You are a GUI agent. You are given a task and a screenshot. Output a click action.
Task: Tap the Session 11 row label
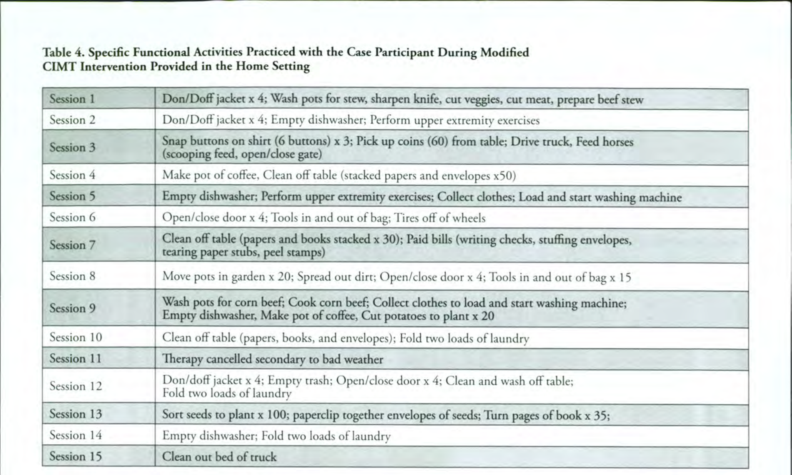point(75,358)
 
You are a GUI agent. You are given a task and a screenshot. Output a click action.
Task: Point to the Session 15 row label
point(76,456)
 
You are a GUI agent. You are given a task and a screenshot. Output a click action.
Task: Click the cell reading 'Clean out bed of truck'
point(219,457)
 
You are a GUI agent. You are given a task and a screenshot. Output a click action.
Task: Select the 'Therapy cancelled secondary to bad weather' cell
point(273,359)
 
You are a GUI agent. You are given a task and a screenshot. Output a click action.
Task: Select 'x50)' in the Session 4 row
point(504,176)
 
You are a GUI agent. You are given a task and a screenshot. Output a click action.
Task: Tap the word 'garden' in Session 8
point(248,277)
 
